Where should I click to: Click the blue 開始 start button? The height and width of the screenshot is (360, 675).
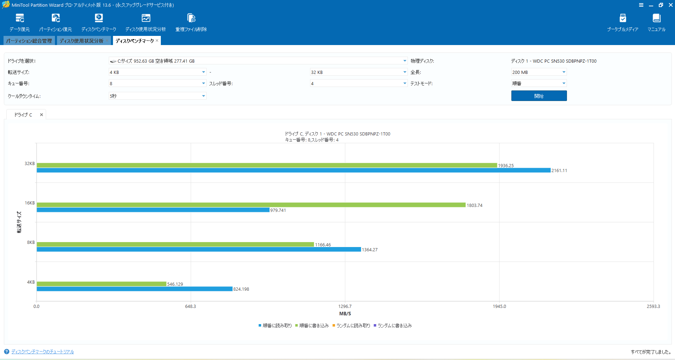[x=539, y=96]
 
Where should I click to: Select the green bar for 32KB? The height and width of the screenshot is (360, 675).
[x=267, y=165]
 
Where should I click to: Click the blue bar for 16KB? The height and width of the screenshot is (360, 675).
[x=153, y=210]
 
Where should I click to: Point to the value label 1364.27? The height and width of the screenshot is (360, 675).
[x=370, y=250]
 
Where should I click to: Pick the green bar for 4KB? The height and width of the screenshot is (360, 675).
[x=101, y=284]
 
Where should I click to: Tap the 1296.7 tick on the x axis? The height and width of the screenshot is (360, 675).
[x=345, y=306]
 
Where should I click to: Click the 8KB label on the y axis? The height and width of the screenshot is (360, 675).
[x=31, y=242]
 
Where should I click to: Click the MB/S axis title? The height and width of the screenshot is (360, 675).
[x=345, y=314]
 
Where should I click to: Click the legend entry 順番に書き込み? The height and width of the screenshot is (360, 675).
[x=312, y=326]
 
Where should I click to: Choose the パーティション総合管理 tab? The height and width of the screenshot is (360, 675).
[x=29, y=41]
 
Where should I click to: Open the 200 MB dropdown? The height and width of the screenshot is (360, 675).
[x=539, y=72]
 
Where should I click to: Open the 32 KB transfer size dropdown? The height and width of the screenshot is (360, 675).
[x=359, y=72]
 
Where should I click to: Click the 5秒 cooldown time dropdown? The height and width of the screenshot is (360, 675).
[x=157, y=96]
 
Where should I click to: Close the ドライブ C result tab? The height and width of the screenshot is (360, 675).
[x=42, y=115]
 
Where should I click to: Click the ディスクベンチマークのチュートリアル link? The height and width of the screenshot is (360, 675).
[x=43, y=352]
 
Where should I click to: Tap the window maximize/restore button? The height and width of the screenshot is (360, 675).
[x=661, y=5]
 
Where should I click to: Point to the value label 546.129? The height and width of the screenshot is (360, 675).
[x=175, y=284]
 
